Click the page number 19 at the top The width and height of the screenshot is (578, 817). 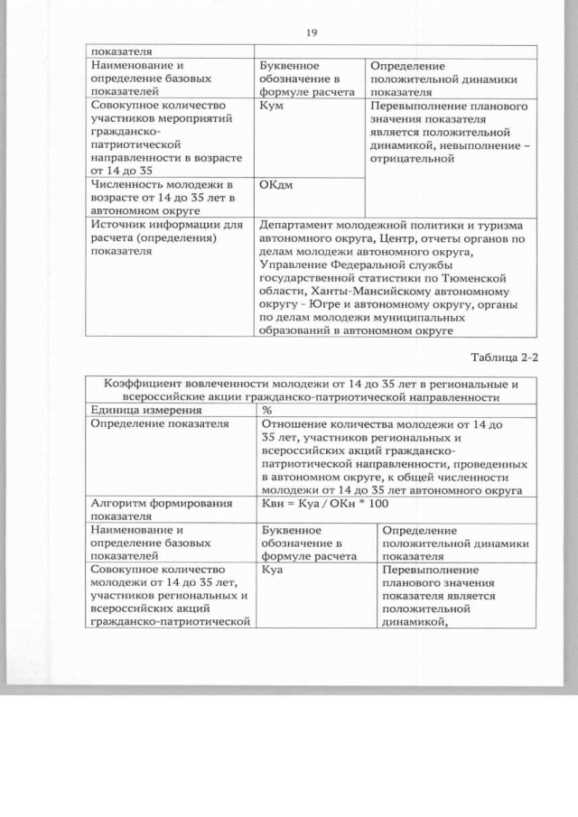(x=311, y=33)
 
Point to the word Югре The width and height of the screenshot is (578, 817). (x=322, y=306)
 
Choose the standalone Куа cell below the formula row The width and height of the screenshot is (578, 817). (x=272, y=571)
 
